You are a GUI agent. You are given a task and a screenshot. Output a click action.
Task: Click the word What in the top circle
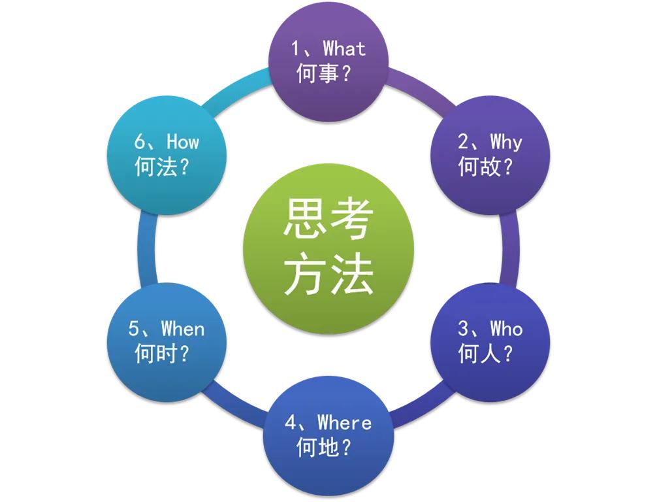click(x=344, y=48)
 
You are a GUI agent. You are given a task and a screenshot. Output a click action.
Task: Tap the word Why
click(x=506, y=142)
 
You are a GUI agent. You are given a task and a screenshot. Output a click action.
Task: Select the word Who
click(x=507, y=328)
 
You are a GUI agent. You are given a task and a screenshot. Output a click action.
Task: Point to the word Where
click(x=344, y=422)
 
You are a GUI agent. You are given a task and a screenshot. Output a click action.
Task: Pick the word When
click(x=183, y=328)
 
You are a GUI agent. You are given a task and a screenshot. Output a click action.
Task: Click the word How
click(x=183, y=141)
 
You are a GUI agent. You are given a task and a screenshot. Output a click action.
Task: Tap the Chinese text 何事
click(x=317, y=73)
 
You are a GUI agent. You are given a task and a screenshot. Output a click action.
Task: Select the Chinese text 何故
click(x=479, y=167)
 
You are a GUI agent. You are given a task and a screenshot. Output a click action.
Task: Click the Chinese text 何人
click(x=479, y=353)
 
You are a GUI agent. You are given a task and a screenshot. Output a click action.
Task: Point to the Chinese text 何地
click(x=317, y=447)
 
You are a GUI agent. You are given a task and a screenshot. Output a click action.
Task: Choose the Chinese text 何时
click(x=156, y=353)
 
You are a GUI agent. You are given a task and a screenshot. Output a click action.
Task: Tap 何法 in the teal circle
click(x=156, y=167)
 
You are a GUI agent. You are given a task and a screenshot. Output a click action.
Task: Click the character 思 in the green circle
click(x=304, y=219)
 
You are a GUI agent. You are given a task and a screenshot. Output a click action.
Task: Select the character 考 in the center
click(x=351, y=219)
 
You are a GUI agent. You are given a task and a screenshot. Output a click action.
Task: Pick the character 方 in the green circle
click(x=304, y=275)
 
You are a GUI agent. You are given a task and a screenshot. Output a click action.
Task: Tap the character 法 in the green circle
click(x=351, y=275)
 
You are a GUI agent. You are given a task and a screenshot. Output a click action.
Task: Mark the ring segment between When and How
click(x=147, y=249)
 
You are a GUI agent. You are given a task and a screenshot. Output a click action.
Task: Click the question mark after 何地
click(x=346, y=448)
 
